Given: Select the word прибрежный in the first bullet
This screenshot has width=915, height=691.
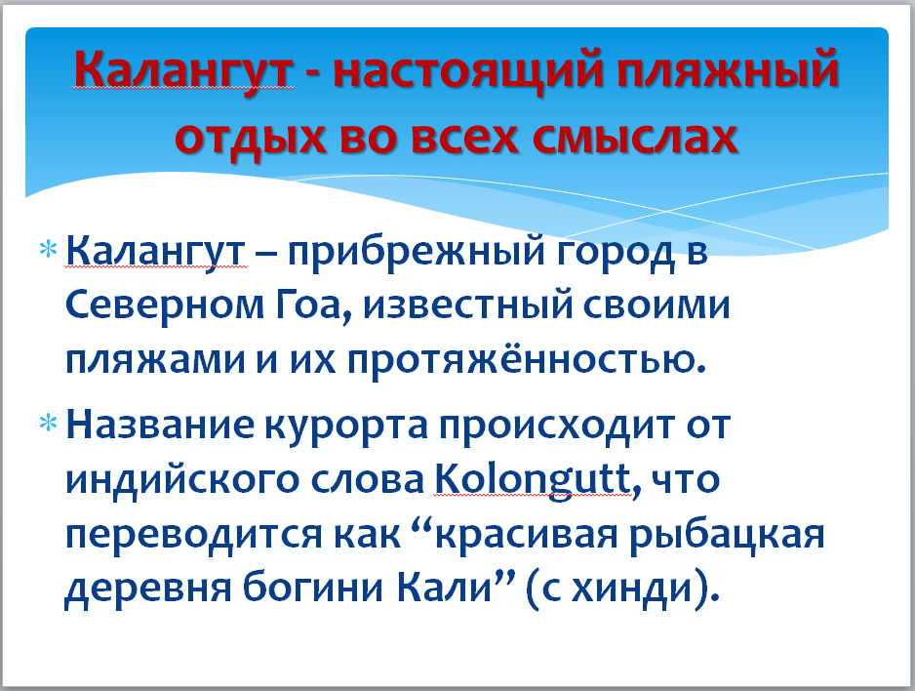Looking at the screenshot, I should (416, 254).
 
